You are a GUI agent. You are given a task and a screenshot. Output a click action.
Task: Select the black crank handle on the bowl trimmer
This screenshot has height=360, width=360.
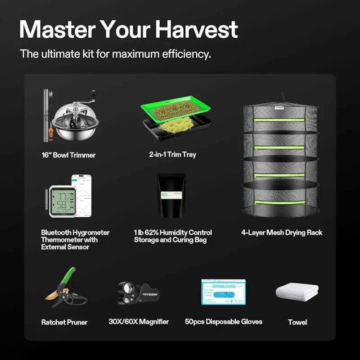(94, 93)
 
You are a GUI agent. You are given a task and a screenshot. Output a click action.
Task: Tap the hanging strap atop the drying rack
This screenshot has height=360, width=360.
(280, 96)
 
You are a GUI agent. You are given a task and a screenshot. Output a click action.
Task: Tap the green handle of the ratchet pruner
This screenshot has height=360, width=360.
(68, 276)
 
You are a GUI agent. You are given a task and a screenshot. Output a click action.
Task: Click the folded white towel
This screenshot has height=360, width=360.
(297, 292)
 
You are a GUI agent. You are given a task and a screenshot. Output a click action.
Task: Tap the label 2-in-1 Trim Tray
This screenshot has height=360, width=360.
(172, 155)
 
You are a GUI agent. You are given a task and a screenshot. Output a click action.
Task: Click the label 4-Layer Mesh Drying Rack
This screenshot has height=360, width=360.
(282, 233)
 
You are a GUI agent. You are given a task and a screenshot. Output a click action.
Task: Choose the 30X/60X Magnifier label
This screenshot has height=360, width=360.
(138, 322)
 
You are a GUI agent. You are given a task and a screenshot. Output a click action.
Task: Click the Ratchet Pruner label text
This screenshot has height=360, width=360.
(64, 322)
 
